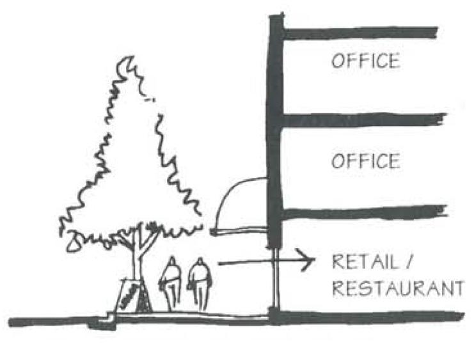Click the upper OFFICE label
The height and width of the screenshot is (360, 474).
click(x=365, y=61)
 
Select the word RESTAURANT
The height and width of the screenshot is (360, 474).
click(x=397, y=288)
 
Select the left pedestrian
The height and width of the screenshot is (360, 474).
click(x=171, y=283)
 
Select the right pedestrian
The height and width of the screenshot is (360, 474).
click(x=200, y=283)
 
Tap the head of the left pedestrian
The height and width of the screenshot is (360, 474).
click(x=171, y=262)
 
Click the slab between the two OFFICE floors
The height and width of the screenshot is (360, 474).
click(x=361, y=120)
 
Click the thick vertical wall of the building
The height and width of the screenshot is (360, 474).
click(x=275, y=128)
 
